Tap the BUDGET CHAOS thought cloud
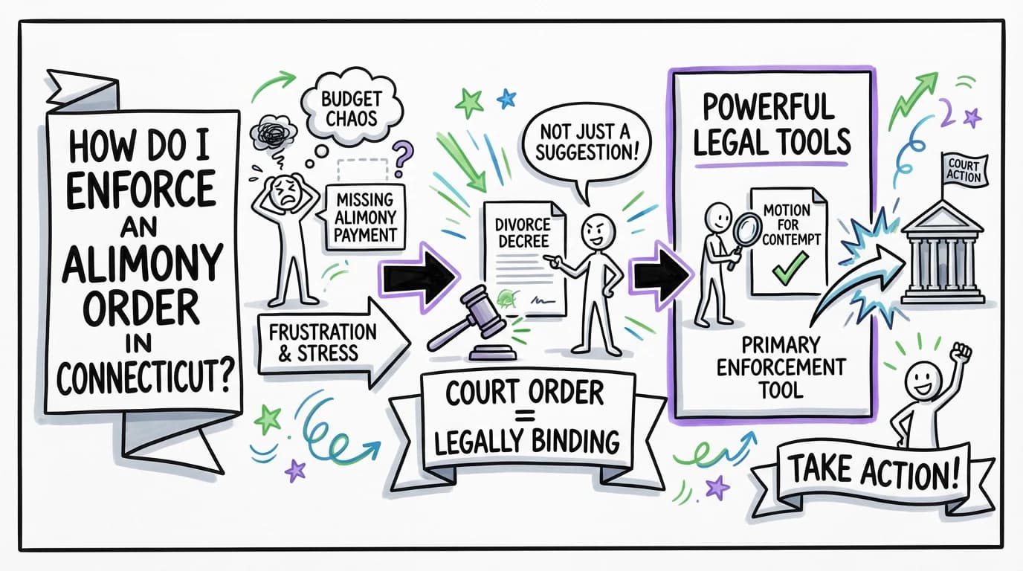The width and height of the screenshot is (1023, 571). (x=349, y=112)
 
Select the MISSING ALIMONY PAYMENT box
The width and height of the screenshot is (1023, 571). (x=365, y=215)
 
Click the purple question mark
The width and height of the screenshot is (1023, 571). (x=402, y=158)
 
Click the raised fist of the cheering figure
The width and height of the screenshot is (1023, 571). (x=964, y=351)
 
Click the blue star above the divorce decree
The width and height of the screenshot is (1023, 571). (x=507, y=97)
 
